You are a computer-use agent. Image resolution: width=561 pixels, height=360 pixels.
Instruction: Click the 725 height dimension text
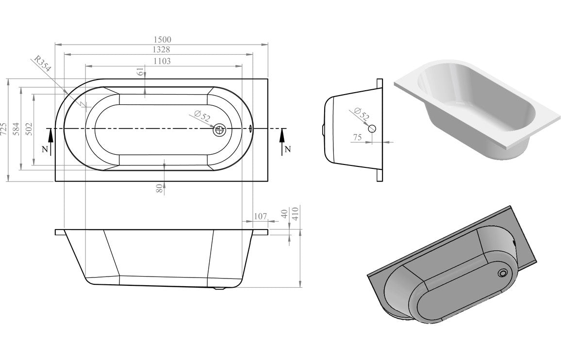[4, 129]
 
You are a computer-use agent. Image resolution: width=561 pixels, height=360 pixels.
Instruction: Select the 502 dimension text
[29, 129]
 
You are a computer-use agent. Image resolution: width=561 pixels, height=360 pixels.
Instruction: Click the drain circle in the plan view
[220, 130]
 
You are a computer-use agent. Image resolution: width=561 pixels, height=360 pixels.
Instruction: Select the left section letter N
[45, 149]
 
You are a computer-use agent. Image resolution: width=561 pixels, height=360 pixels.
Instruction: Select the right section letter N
[287, 149]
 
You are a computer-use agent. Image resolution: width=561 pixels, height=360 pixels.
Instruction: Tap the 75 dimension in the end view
[358, 137]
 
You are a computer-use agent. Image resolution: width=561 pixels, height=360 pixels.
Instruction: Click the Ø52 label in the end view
[362, 114]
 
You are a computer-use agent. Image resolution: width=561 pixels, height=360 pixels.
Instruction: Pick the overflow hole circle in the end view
[372, 129]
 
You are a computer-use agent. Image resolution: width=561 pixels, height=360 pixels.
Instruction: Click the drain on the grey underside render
[503, 273]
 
